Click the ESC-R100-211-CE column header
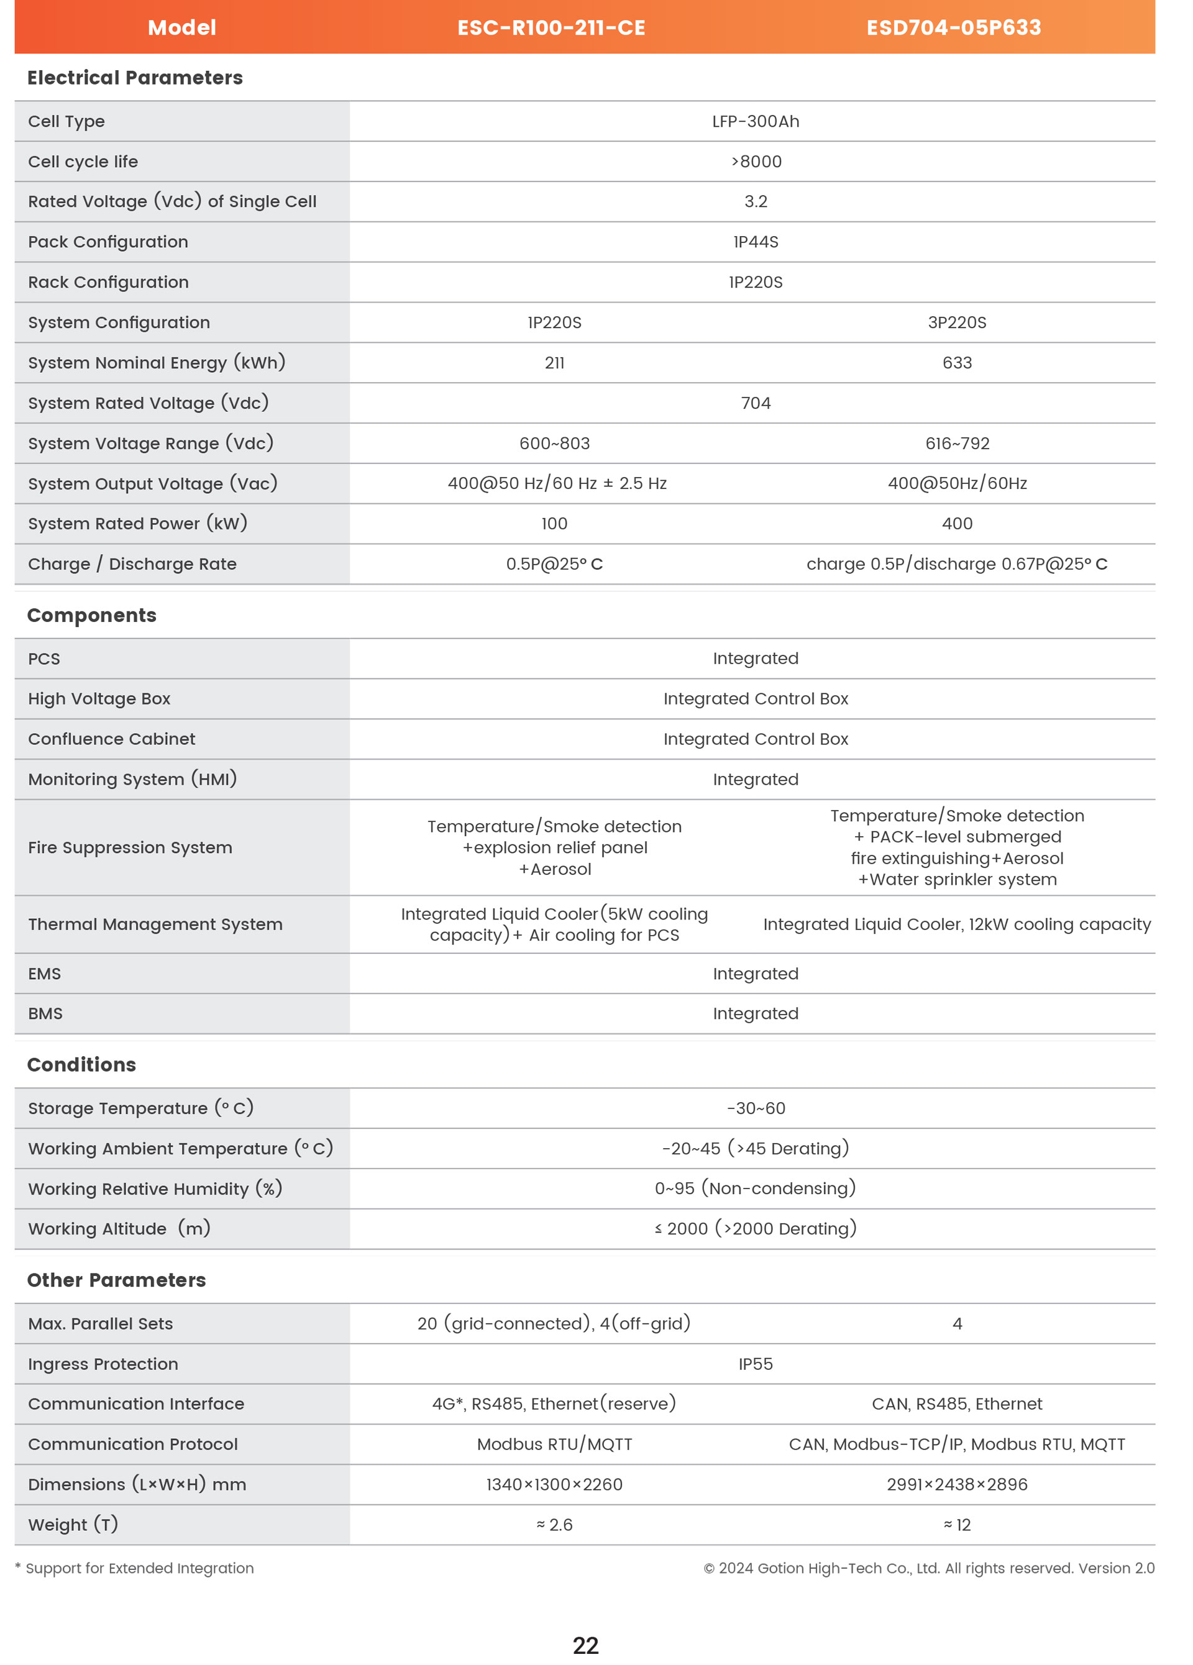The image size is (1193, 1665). (x=551, y=28)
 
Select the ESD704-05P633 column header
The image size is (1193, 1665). (x=954, y=28)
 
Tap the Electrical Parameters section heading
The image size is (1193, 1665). (x=135, y=78)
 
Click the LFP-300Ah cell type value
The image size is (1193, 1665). (x=756, y=121)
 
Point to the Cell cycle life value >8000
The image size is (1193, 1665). (x=756, y=162)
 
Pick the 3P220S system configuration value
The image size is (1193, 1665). (x=957, y=322)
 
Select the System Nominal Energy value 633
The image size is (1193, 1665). (x=957, y=363)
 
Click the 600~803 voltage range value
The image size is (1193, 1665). (x=554, y=444)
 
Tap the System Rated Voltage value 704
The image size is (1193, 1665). (x=756, y=403)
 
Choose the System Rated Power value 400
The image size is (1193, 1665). (x=957, y=524)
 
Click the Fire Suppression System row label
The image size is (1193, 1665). (x=130, y=847)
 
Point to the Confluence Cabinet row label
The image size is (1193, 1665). (x=112, y=739)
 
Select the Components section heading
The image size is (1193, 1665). (x=92, y=615)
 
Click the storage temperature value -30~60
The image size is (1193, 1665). (x=756, y=1108)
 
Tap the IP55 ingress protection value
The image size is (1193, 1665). (x=756, y=1364)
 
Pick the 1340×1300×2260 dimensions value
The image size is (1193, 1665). (x=554, y=1484)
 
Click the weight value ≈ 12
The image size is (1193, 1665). (x=957, y=1525)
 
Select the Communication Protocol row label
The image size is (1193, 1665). (x=133, y=1444)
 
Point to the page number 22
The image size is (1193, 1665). (x=585, y=1645)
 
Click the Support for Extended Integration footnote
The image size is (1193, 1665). (x=139, y=1568)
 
